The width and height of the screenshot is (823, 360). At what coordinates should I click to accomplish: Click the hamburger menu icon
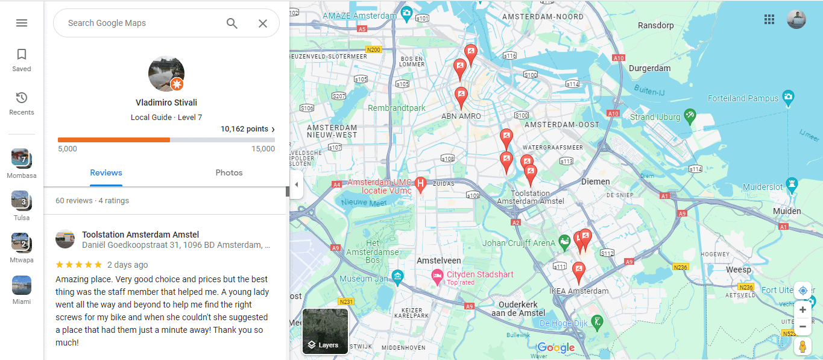click(x=22, y=23)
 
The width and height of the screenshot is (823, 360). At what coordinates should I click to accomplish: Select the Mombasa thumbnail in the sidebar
click(x=20, y=159)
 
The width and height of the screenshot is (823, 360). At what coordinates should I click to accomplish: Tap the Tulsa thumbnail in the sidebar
click(x=20, y=200)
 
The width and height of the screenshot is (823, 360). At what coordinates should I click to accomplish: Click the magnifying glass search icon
click(x=232, y=24)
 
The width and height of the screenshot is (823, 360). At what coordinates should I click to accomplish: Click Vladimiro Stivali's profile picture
click(x=166, y=74)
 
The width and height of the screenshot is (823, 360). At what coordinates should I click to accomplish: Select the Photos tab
click(x=229, y=172)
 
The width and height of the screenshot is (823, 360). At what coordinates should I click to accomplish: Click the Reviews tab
click(x=106, y=172)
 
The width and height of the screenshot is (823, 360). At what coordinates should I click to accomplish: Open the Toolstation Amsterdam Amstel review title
click(x=140, y=235)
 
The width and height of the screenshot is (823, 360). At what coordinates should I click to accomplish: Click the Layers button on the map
click(x=325, y=331)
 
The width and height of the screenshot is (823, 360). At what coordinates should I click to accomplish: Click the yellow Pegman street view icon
click(x=803, y=347)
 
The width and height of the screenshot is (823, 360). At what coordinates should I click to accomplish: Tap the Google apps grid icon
click(x=769, y=19)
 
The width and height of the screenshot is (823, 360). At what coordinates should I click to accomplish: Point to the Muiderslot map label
click(x=762, y=187)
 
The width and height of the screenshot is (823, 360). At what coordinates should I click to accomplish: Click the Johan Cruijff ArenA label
click(x=519, y=244)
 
